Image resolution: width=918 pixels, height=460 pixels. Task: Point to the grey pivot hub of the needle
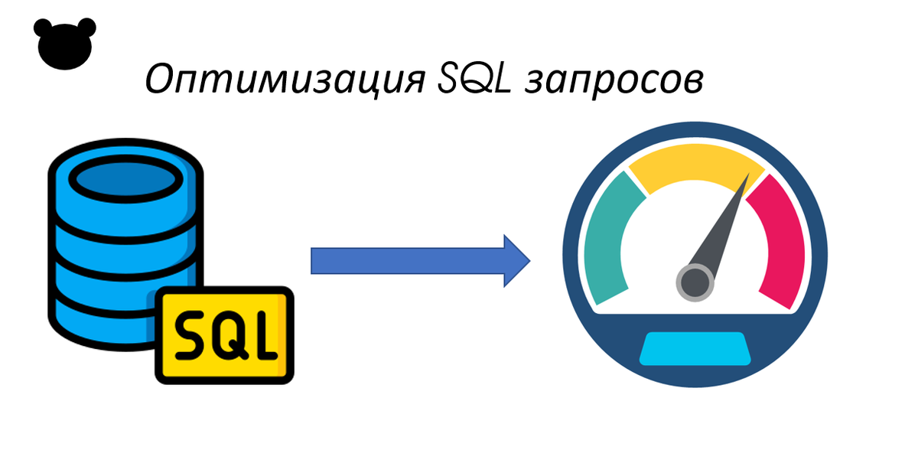(695, 281)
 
